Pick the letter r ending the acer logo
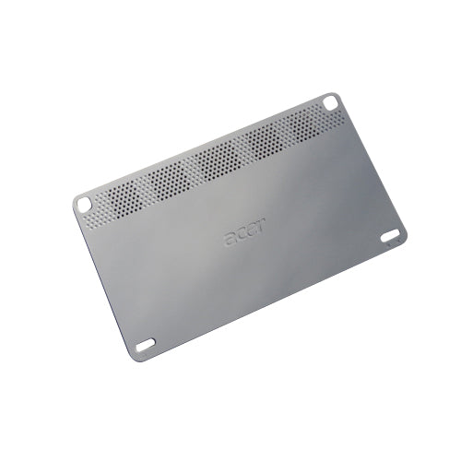pyautogui.click(x=260, y=224)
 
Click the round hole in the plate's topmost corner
pyautogui.click(x=331, y=102)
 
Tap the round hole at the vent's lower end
pyautogui.click(x=83, y=204)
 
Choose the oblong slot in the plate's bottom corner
pyautogui.click(x=146, y=345)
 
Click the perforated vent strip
pyautogui.click(x=212, y=168)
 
